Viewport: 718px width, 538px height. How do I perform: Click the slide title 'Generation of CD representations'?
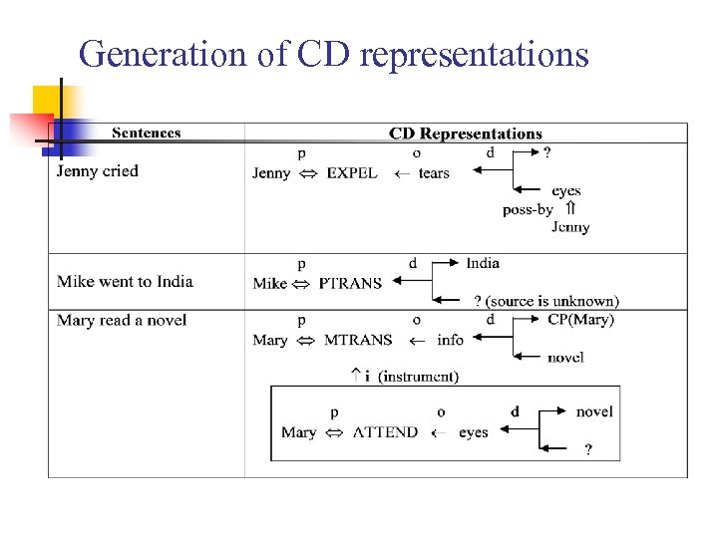coord(334,54)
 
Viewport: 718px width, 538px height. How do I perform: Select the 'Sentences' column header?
coord(146,133)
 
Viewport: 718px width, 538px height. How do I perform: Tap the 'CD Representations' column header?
coord(465,134)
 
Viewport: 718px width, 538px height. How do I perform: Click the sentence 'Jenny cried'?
coord(98,171)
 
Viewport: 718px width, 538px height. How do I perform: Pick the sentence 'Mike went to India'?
coord(125,282)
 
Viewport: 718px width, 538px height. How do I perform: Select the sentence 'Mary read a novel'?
coord(122,321)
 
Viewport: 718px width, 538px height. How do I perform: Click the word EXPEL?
coord(352,173)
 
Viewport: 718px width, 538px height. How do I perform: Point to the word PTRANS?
coord(350,284)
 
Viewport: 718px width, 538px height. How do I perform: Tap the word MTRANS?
coord(358,341)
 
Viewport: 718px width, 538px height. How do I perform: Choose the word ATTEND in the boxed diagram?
coord(385,432)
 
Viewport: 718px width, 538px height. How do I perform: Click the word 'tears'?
coord(434,173)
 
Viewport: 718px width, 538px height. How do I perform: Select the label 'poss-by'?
coord(528,209)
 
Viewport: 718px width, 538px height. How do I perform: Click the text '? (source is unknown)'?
coord(545,301)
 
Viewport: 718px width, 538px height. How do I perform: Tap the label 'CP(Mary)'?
coord(580,320)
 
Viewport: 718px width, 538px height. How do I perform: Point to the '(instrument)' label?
coord(419,377)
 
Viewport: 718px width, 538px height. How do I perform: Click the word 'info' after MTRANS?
coord(451,341)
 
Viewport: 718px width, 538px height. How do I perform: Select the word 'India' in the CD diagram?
coord(483,263)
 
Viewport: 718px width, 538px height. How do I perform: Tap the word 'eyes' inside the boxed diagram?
coord(474,432)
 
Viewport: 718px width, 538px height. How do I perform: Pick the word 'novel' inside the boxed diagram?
coord(594,411)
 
